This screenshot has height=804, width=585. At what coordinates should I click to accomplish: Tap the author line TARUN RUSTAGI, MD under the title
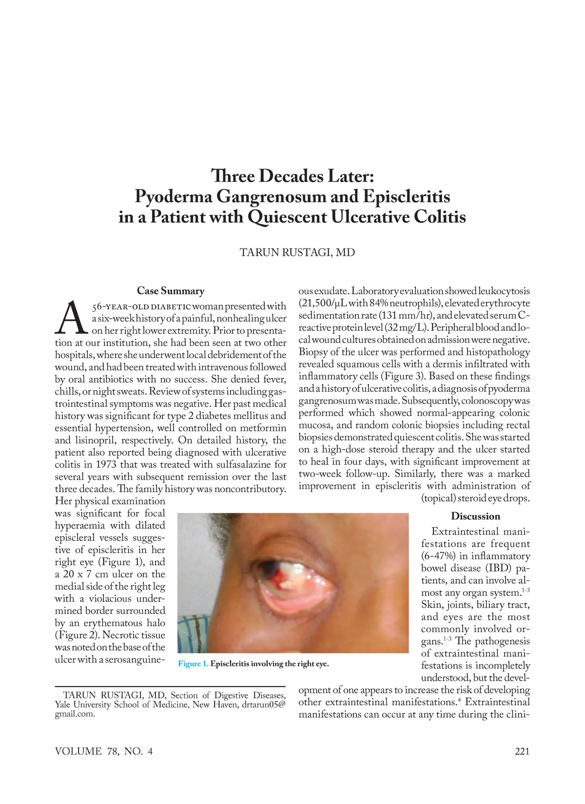(x=297, y=252)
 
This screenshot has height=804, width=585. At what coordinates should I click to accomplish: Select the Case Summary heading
(x=171, y=291)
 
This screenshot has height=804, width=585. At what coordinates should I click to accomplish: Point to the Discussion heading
(x=475, y=516)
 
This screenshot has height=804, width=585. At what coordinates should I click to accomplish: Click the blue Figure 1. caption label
(x=194, y=664)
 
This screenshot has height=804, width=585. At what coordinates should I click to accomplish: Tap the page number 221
(x=522, y=751)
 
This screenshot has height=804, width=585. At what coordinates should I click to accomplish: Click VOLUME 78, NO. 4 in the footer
(x=104, y=751)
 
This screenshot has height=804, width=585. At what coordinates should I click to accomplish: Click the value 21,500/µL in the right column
(x=322, y=303)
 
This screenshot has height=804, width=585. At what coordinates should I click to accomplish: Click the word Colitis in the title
(x=440, y=217)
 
